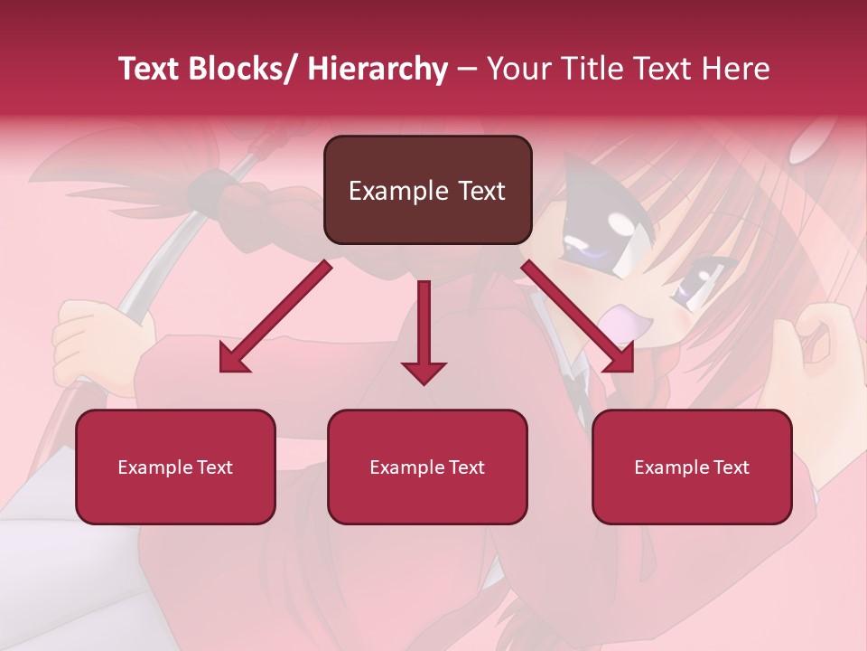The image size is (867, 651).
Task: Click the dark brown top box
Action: pos(427,190)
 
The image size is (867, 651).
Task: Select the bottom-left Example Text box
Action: pos(175,467)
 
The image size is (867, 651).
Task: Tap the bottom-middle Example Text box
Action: pos(427,467)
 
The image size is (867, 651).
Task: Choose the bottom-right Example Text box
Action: pos(692,467)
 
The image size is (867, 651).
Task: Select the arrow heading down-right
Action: pos(579,318)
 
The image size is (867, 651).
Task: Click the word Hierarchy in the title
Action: pos(377,69)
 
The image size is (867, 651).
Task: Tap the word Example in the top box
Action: pos(398,191)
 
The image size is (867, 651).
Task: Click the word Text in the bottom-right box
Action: pos(731,467)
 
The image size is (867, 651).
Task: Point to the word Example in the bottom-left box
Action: pos(154,467)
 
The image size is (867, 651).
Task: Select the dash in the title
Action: pos(467,69)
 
